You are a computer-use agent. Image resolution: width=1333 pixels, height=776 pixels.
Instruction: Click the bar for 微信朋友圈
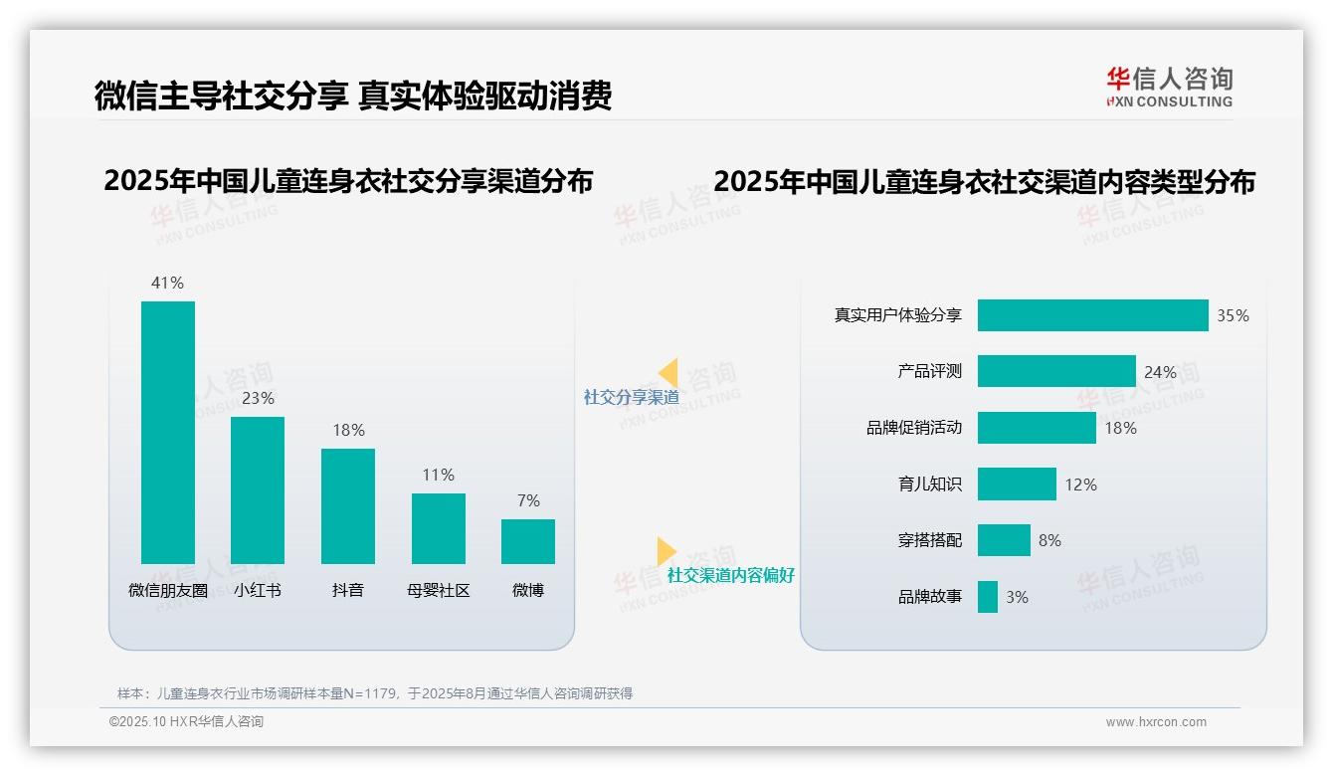click(168, 432)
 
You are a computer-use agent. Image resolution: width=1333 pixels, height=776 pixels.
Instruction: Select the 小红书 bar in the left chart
click(258, 489)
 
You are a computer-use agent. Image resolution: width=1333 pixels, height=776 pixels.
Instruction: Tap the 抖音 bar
click(348, 505)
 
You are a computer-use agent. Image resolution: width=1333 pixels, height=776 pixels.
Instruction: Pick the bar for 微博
click(528, 541)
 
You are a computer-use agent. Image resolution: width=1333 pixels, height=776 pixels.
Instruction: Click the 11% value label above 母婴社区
click(438, 476)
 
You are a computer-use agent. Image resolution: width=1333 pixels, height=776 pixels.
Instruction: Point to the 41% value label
click(167, 284)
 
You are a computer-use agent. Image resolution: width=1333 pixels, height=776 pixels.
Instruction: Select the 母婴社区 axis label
click(438, 591)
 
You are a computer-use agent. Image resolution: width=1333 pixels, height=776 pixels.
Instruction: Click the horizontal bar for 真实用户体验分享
click(1092, 315)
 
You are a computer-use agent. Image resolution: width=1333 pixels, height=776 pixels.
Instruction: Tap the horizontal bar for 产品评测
click(1056, 371)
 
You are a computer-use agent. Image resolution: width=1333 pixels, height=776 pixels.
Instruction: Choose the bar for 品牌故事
click(987, 597)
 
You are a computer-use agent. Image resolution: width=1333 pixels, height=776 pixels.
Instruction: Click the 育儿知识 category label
click(929, 485)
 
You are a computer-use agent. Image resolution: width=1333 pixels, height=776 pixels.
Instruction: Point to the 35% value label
click(1233, 316)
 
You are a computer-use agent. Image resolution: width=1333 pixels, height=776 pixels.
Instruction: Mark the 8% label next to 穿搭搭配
click(1049, 541)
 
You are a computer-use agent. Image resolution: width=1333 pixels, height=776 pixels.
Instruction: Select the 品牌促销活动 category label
click(913, 428)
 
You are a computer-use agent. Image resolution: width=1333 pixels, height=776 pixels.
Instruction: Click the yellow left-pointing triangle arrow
click(668, 373)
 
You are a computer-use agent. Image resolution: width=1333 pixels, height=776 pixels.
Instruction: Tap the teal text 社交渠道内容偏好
click(730, 576)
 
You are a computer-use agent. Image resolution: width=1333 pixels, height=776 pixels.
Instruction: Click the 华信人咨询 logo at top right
click(1169, 87)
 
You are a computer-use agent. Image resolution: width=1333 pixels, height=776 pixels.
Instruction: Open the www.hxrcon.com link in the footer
click(1155, 722)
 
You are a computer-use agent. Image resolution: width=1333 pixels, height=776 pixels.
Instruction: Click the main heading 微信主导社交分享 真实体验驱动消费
click(352, 96)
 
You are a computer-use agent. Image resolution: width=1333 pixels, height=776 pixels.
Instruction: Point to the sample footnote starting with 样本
click(375, 693)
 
